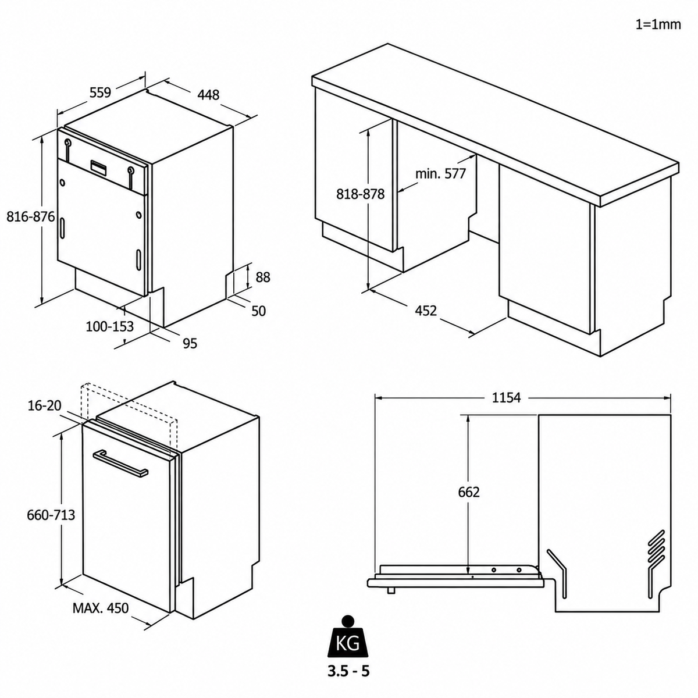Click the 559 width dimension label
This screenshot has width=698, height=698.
tap(100, 92)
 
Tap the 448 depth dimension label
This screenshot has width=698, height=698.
tap(208, 95)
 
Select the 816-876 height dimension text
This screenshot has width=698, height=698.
tap(31, 216)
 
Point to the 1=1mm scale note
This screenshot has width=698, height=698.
tap(658, 24)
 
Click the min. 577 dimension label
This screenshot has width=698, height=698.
tap(440, 174)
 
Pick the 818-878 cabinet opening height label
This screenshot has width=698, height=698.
tap(360, 194)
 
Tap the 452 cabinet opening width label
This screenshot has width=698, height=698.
tap(426, 311)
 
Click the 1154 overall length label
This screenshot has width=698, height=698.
tap(507, 398)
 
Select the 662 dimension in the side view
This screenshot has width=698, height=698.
tap(469, 492)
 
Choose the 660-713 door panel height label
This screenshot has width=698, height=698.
tap(51, 515)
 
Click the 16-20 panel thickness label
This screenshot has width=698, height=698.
tap(45, 405)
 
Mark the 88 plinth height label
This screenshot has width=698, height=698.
tap(263, 277)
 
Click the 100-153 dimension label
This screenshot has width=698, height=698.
tap(110, 326)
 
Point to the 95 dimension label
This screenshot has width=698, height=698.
tap(190, 343)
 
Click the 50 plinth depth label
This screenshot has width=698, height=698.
tap(258, 311)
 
